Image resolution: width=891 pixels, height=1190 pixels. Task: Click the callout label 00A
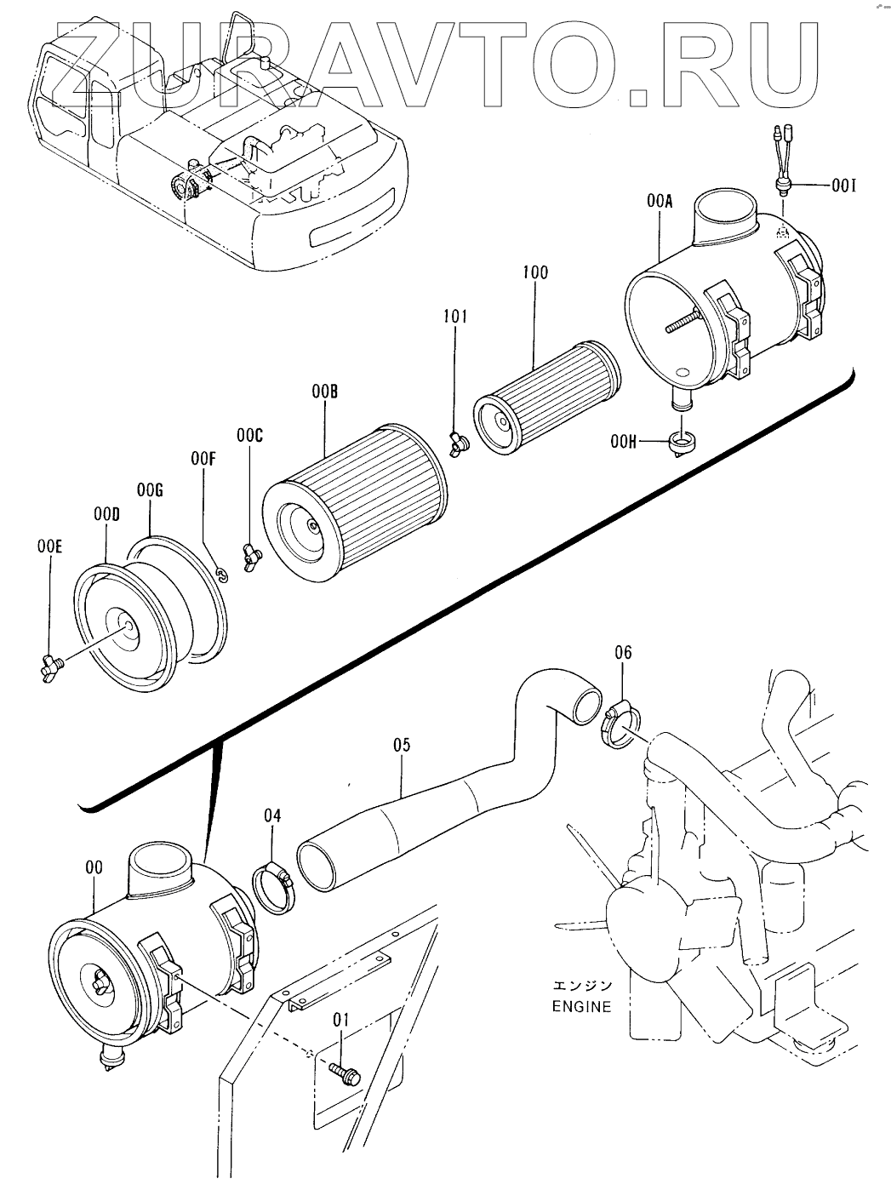tap(659, 202)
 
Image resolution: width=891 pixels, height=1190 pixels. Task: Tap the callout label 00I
tap(844, 186)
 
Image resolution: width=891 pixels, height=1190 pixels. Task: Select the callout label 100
tap(535, 272)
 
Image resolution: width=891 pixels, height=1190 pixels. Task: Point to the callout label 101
tap(455, 317)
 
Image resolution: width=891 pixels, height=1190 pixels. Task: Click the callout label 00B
tap(324, 392)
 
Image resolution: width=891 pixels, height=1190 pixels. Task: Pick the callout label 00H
tap(623, 442)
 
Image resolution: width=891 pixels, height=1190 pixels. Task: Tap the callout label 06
tap(623, 652)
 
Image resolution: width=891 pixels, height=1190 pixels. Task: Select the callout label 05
tap(402, 745)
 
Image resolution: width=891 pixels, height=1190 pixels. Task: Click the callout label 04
tap(272, 815)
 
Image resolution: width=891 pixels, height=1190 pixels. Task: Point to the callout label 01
tap(341, 1020)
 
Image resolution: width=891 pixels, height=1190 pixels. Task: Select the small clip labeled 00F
tap(222, 575)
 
